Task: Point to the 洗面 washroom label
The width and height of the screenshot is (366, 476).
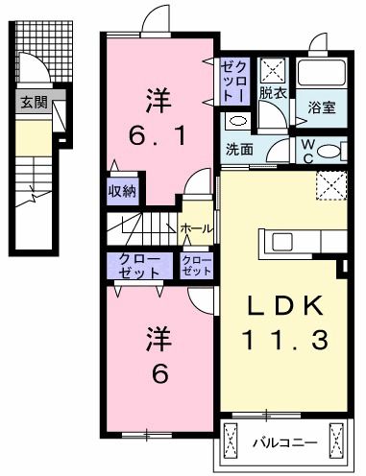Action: click(x=239, y=150)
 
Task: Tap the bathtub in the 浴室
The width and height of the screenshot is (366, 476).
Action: click(x=321, y=71)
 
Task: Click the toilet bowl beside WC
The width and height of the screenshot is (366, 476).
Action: click(x=330, y=151)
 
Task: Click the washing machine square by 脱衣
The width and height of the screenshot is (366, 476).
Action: click(x=274, y=70)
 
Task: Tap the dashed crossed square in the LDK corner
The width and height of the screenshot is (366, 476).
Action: click(x=332, y=185)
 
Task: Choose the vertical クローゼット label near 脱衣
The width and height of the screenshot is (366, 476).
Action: click(x=234, y=82)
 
